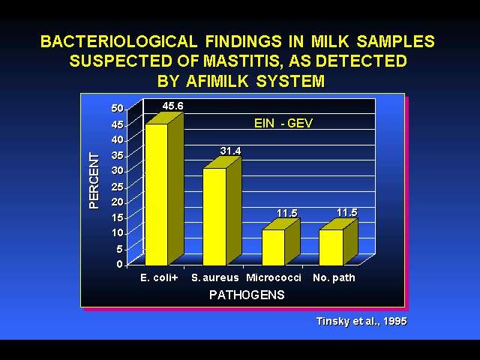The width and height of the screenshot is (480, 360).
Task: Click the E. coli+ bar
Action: point(164,189)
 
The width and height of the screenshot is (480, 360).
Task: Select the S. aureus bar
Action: point(222,211)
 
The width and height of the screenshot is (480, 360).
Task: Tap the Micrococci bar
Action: point(281,242)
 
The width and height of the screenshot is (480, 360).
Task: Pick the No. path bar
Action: point(338,242)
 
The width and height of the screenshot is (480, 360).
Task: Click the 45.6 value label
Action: point(173,106)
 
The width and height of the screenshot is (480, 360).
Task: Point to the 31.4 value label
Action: point(230,151)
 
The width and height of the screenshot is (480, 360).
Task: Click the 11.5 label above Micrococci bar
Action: point(287,213)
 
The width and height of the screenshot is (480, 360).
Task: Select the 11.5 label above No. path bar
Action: point(346,212)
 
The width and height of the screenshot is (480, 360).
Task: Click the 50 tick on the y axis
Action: point(117,108)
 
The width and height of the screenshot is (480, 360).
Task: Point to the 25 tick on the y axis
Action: point(117,186)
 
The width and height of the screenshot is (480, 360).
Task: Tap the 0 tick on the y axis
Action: point(120,264)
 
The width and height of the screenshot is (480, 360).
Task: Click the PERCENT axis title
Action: point(94,181)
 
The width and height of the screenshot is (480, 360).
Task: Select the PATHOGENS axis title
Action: point(247,295)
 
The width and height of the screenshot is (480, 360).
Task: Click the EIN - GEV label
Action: point(283,123)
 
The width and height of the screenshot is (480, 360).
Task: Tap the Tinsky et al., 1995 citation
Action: point(361,322)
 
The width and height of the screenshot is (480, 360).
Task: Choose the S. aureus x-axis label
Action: point(215,277)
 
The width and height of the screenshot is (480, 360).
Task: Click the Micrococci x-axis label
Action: point(274,277)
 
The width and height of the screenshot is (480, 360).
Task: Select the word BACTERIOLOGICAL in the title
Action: point(119,41)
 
